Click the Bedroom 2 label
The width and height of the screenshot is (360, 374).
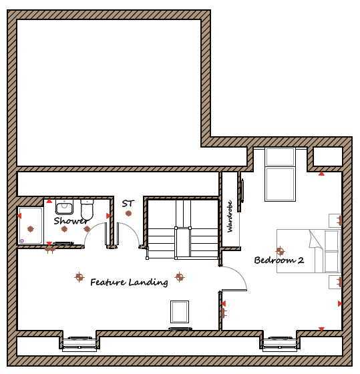pos(279,260)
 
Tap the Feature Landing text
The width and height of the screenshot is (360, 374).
pos(129,283)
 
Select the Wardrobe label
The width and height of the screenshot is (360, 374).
pos(230,216)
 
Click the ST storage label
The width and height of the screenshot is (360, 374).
pos(128,204)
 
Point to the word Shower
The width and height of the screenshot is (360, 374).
pos(71,221)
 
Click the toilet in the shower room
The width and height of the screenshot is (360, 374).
pos(87,210)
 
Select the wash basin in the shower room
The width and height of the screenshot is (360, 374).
pos(64,207)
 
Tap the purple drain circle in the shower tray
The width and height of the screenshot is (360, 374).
pos(22,241)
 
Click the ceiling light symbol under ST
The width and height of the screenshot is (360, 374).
pos(128,213)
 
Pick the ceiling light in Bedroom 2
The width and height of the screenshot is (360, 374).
pos(280,251)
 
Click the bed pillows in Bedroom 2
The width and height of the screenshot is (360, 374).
pos(331,251)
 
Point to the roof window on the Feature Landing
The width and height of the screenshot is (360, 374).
pos(180,312)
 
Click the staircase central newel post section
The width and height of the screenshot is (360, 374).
pos(183,243)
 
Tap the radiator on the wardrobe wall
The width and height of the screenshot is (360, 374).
pos(242,191)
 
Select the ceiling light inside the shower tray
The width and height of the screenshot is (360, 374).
pos(30,229)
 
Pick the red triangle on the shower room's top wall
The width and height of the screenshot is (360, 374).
pos(49,201)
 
